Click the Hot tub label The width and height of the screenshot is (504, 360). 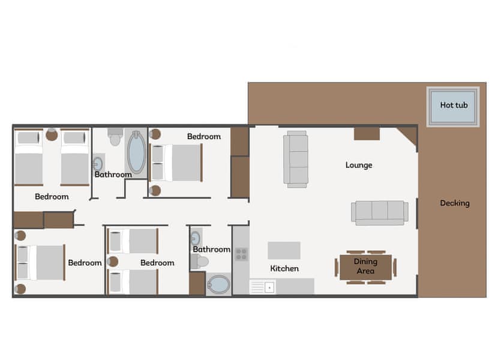tap(454, 105)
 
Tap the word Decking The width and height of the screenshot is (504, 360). tap(454, 203)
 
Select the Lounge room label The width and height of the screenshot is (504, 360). tap(359, 165)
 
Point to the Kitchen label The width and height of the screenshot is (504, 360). tap(284, 268)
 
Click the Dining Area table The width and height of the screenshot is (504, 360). tap(365, 266)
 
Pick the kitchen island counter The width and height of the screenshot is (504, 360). tap(284, 250)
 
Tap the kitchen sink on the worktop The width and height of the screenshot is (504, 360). tap(262, 287)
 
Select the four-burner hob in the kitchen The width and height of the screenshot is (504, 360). tap(241, 254)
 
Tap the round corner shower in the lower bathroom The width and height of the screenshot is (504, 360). tap(219, 284)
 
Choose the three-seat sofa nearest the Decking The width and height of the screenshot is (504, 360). tap(379, 212)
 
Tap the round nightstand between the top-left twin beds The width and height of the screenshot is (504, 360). tap(52, 135)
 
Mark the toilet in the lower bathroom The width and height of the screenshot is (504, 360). tap(200, 262)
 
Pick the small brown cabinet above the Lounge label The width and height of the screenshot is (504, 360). tap(366, 134)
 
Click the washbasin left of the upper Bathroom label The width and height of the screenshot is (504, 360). tap(98, 163)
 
